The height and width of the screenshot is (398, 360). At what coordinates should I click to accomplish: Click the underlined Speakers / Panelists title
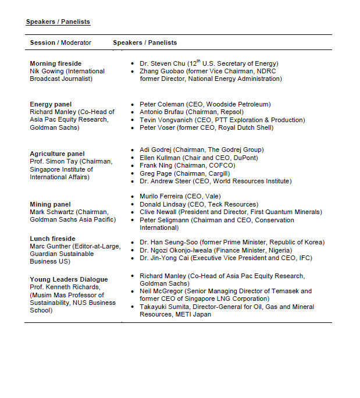tap(58, 22)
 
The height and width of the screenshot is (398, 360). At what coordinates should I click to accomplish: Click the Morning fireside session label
tap(56, 63)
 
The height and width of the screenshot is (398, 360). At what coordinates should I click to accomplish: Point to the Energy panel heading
tap(51, 104)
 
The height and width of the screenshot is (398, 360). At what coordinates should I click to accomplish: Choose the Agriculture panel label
tap(57, 154)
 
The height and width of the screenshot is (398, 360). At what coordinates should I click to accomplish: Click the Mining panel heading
tap(51, 204)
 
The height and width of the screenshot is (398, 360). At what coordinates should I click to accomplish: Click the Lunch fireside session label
tap(52, 239)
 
